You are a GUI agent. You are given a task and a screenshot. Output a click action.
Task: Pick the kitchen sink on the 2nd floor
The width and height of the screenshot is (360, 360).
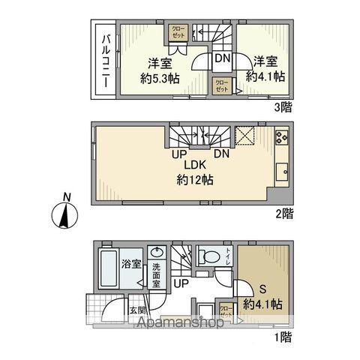(283, 170)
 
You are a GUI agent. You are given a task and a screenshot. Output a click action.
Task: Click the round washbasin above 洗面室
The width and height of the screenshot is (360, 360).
(156, 253)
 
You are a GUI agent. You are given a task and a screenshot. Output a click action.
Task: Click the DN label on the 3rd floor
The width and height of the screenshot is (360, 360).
(223, 57)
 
